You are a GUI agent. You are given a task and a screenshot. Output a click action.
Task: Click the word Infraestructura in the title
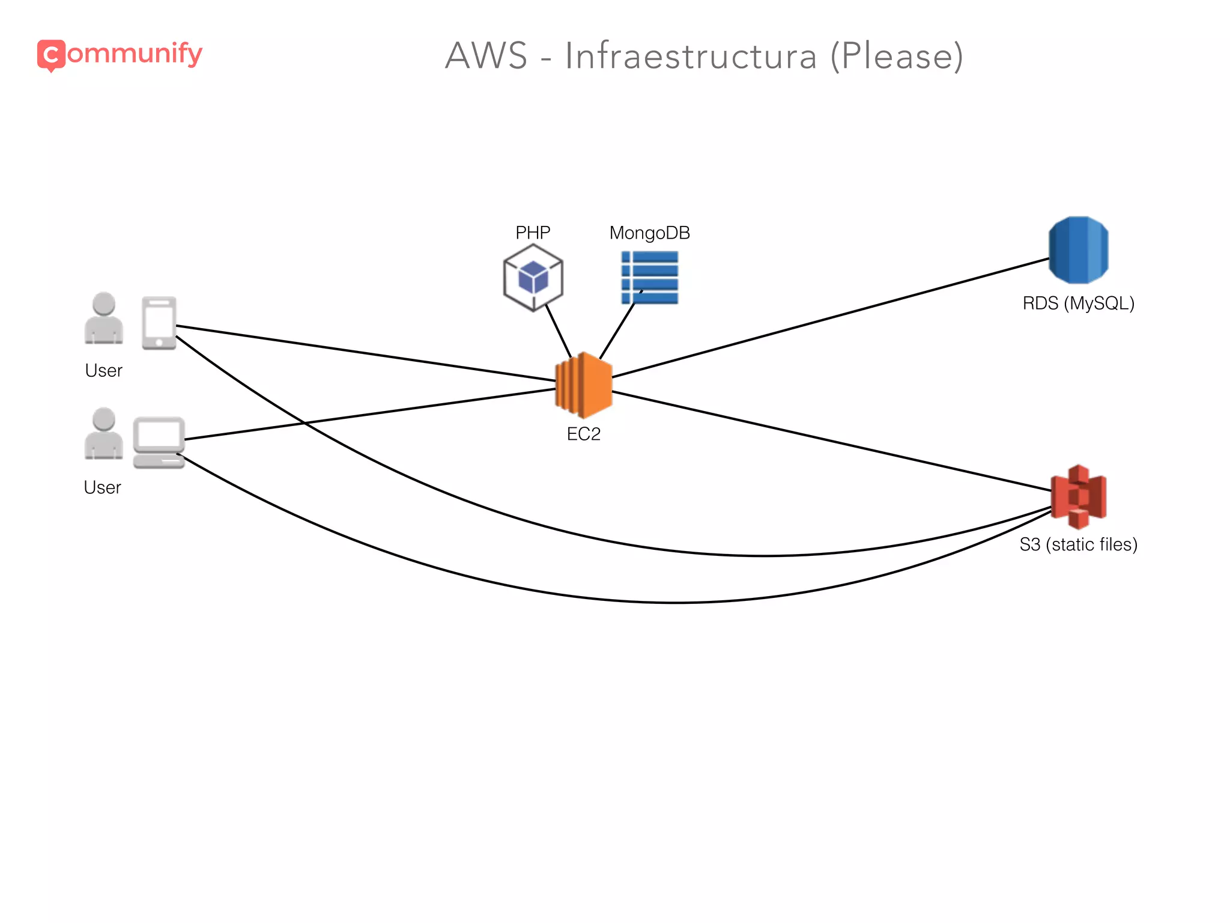point(691,56)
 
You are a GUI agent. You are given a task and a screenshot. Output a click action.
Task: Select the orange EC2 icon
point(583,385)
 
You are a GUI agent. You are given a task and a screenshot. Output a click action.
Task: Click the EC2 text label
point(583,434)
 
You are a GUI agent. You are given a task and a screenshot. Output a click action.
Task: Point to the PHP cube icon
point(533,278)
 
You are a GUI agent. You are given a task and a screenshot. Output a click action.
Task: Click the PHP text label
point(533,233)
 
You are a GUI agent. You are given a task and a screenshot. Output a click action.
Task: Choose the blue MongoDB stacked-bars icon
point(650,277)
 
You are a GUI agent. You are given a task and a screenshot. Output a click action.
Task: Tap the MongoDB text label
point(649,233)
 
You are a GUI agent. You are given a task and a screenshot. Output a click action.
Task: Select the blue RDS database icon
point(1078,250)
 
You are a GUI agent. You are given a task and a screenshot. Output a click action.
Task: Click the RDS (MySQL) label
point(1078,303)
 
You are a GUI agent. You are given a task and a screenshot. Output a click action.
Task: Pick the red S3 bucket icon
point(1079,496)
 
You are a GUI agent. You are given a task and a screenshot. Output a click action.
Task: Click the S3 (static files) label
point(1078,544)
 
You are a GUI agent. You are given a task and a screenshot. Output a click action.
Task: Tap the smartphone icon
point(159,323)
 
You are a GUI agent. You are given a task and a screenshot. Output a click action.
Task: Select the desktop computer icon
point(159,442)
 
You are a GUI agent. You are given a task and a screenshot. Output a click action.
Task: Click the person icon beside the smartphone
point(104,318)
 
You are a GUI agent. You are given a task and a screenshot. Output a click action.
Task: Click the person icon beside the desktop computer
point(104,433)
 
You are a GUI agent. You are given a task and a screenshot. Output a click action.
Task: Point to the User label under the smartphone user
point(103,371)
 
